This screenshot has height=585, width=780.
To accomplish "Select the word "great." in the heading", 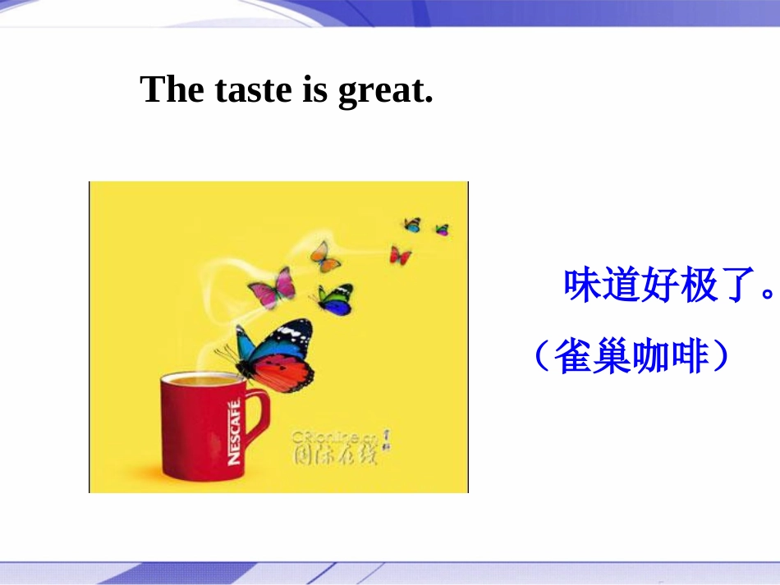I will pyautogui.click(x=385, y=91).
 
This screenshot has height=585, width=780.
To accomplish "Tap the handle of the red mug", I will pyautogui.click(x=256, y=419).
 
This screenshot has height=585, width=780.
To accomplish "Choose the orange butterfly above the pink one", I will pyautogui.click(x=325, y=257).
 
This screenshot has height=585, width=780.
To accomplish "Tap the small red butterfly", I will pyautogui.click(x=400, y=255).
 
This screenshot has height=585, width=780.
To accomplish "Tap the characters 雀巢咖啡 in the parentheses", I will pyautogui.click(x=631, y=356).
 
